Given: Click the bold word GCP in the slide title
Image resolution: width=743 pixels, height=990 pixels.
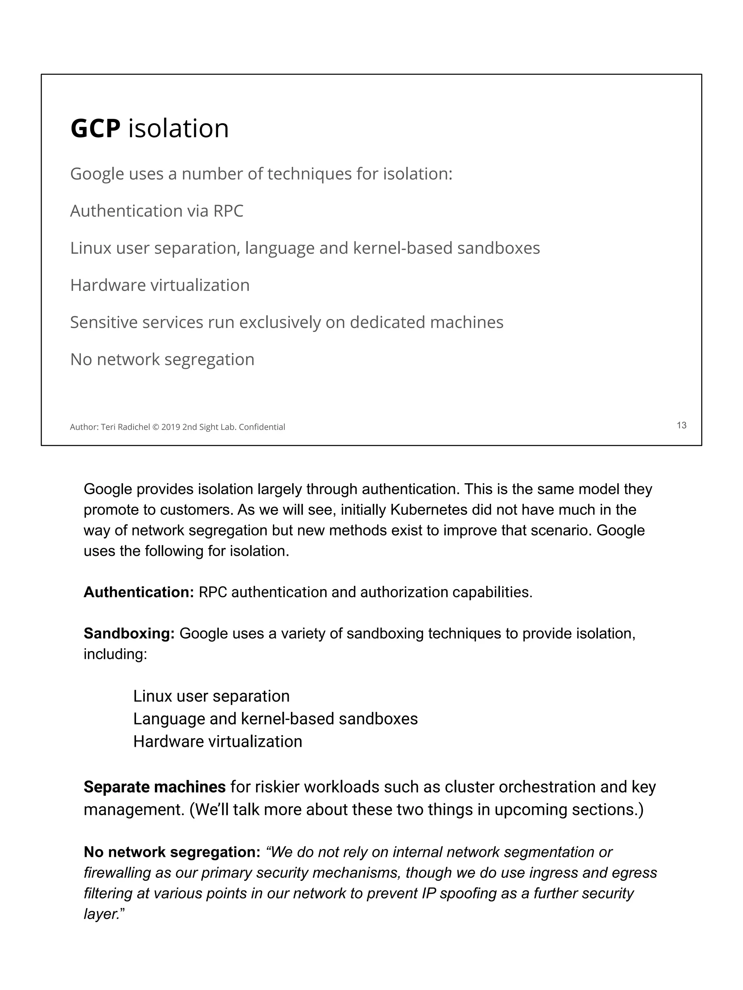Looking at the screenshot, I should pos(95,129).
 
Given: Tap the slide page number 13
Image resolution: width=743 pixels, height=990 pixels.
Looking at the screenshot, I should pos(681,425).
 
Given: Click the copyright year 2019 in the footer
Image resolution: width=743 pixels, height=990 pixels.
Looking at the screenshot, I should pos(171,427).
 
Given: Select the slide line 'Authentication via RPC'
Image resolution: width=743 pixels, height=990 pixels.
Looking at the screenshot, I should pos(157,211).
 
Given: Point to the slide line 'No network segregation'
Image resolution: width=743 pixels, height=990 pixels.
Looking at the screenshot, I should pos(162,359).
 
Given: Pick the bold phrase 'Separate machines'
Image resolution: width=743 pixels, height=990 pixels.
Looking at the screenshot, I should pos(155,787).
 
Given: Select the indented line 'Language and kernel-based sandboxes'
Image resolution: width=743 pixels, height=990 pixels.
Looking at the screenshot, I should pos(275,719).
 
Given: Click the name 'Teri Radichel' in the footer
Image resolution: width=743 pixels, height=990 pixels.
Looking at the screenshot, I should pos(126,427).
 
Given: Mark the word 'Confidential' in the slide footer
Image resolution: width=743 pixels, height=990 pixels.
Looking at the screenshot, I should pos(262,427).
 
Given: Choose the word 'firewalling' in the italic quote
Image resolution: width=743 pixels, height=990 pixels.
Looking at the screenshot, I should pos(117,873).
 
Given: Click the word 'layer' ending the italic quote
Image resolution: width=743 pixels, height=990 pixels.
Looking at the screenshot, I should pos(101,914).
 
